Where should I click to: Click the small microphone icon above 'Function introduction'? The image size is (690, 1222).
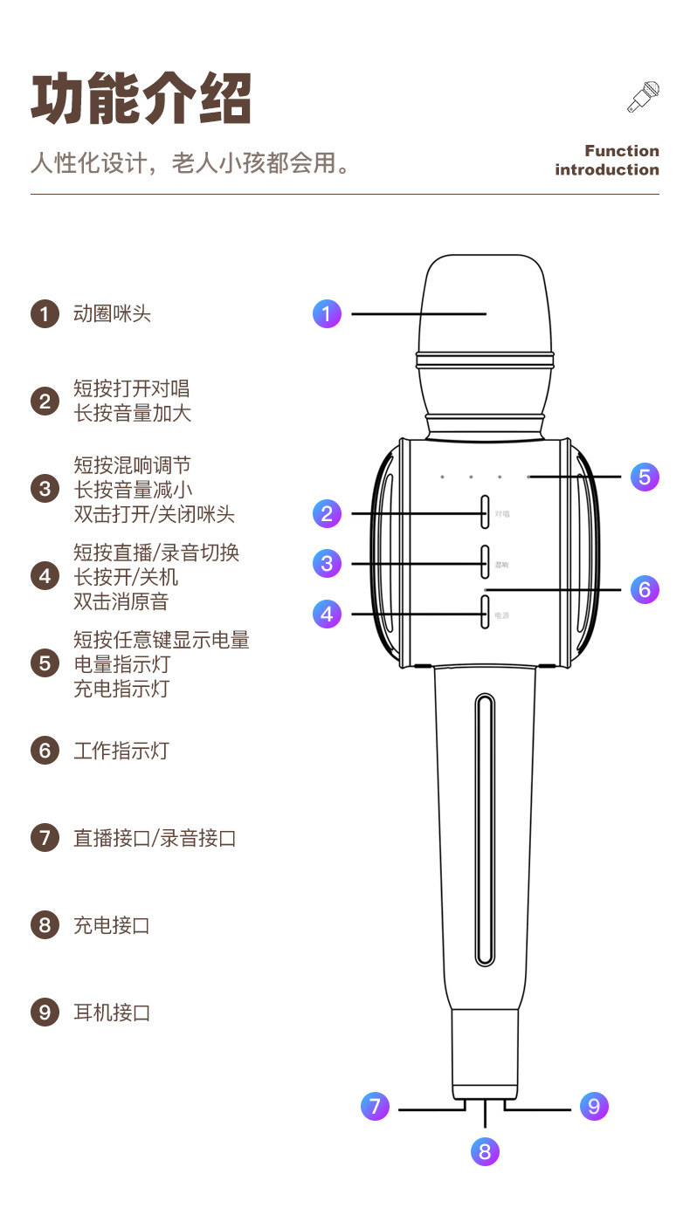(x=644, y=96)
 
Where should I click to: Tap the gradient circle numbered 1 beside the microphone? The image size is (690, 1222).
(x=327, y=313)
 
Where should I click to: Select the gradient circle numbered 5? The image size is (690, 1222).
(x=645, y=477)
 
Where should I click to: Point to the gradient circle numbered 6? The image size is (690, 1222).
(x=645, y=589)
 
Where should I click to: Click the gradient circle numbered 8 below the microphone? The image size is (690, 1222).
(x=485, y=1151)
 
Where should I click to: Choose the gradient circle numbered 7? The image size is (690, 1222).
(x=375, y=1107)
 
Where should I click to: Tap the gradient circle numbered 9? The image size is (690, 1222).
(x=594, y=1107)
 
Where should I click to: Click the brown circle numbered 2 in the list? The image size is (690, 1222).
(x=45, y=401)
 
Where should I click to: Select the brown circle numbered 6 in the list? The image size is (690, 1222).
(x=45, y=751)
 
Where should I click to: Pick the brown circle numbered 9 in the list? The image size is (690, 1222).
(x=45, y=1013)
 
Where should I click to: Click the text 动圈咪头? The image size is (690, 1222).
(x=112, y=313)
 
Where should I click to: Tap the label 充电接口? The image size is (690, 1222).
(x=112, y=925)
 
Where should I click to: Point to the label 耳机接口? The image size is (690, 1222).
(x=112, y=1013)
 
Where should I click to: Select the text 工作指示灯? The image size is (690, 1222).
(x=121, y=751)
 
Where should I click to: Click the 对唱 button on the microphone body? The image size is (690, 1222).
(x=485, y=512)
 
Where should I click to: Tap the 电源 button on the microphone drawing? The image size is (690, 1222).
(x=485, y=613)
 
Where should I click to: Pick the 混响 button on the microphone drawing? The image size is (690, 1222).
(x=485, y=563)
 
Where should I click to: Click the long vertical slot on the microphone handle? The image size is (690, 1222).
(x=485, y=829)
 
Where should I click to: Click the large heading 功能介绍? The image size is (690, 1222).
(x=141, y=98)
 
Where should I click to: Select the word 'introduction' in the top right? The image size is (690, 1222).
(x=607, y=169)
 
